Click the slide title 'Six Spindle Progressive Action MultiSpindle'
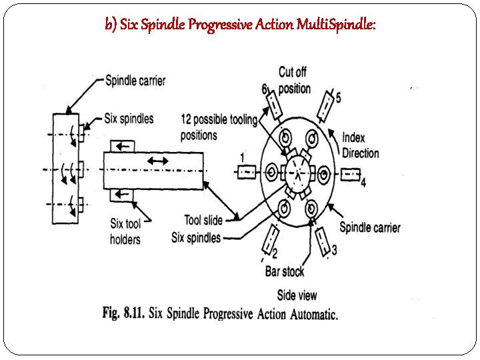point(240,25)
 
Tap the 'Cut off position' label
point(294,80)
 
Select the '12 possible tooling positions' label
point(218,127)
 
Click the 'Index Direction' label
point(361,145)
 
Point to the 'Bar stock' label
point(285,271)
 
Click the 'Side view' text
point(297,295)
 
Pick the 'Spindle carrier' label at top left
point(135,81)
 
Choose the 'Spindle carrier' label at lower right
point(370,227)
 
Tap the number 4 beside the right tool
point(363,182)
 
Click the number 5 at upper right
point(338,98)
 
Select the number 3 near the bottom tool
point(334,249)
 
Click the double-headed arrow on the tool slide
point(157,161)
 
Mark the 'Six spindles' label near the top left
point(129,119)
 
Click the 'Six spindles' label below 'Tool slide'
point(195,237)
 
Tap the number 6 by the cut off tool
point(264,89)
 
